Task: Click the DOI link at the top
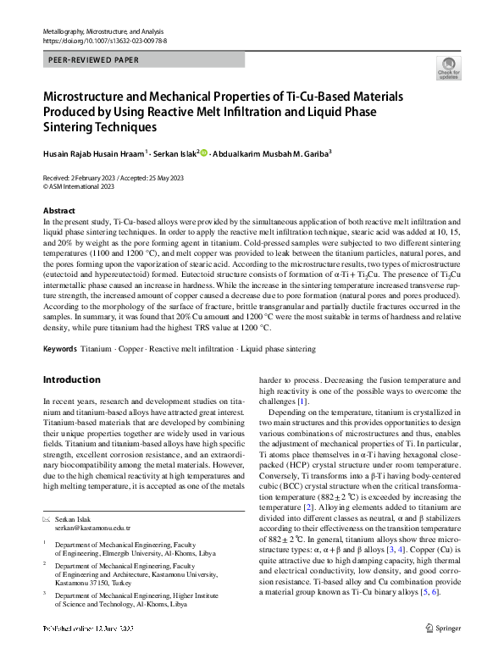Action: click(104, 40)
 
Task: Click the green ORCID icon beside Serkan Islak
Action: click(203, 153)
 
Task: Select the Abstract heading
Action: click(58, 210)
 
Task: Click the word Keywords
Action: click(60, 349)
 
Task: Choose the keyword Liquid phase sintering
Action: click(275, 349)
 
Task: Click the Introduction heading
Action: click(73, 380)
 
